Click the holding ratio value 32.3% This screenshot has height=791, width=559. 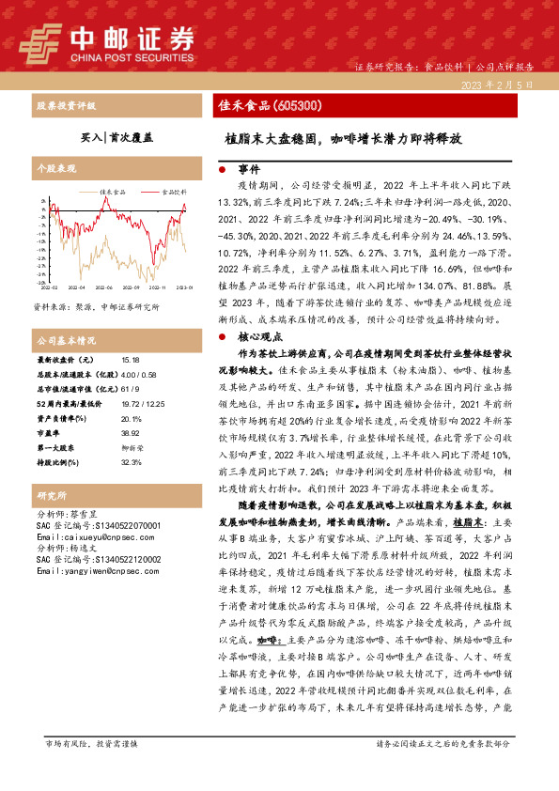(131, 436)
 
